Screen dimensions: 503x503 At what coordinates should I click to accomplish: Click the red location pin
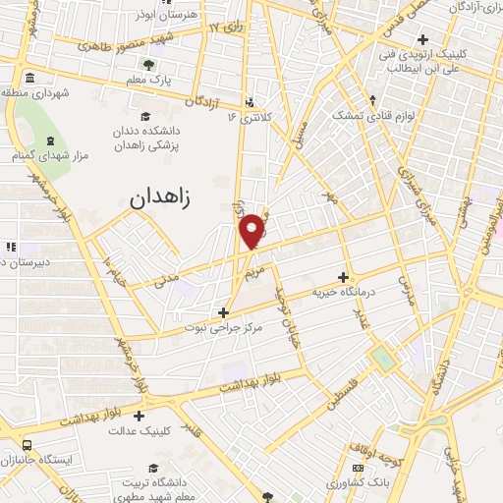(253, 231)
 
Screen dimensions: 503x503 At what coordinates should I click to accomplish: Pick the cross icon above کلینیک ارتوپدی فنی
(423, 40)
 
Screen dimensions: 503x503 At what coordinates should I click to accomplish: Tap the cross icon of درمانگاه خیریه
(343, 277)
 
